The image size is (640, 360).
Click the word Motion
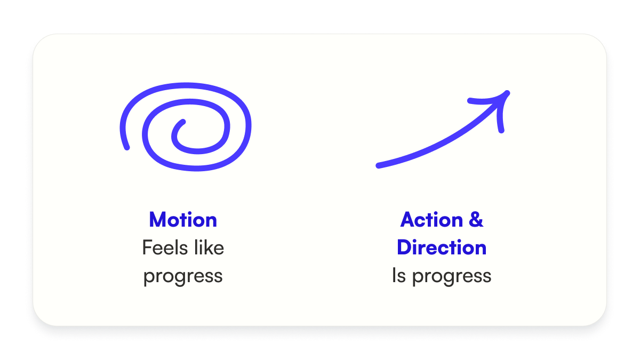coord(183,220)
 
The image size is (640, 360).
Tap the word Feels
coord(165,247)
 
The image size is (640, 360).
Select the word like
coord(209,247)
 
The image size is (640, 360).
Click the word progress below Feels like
coord(183,277)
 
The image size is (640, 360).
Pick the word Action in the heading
coord(431,220)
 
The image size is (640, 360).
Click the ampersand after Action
coord(476,220)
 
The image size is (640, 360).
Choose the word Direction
coord(442,247)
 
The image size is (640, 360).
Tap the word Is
coord(399,275)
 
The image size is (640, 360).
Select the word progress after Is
coord(452,277)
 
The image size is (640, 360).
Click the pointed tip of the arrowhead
coord(508,93)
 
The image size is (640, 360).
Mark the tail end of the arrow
coord(378,166)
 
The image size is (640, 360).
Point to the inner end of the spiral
coord(183,122)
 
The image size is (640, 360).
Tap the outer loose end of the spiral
coord(127,148)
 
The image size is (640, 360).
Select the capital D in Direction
coord(404,247)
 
